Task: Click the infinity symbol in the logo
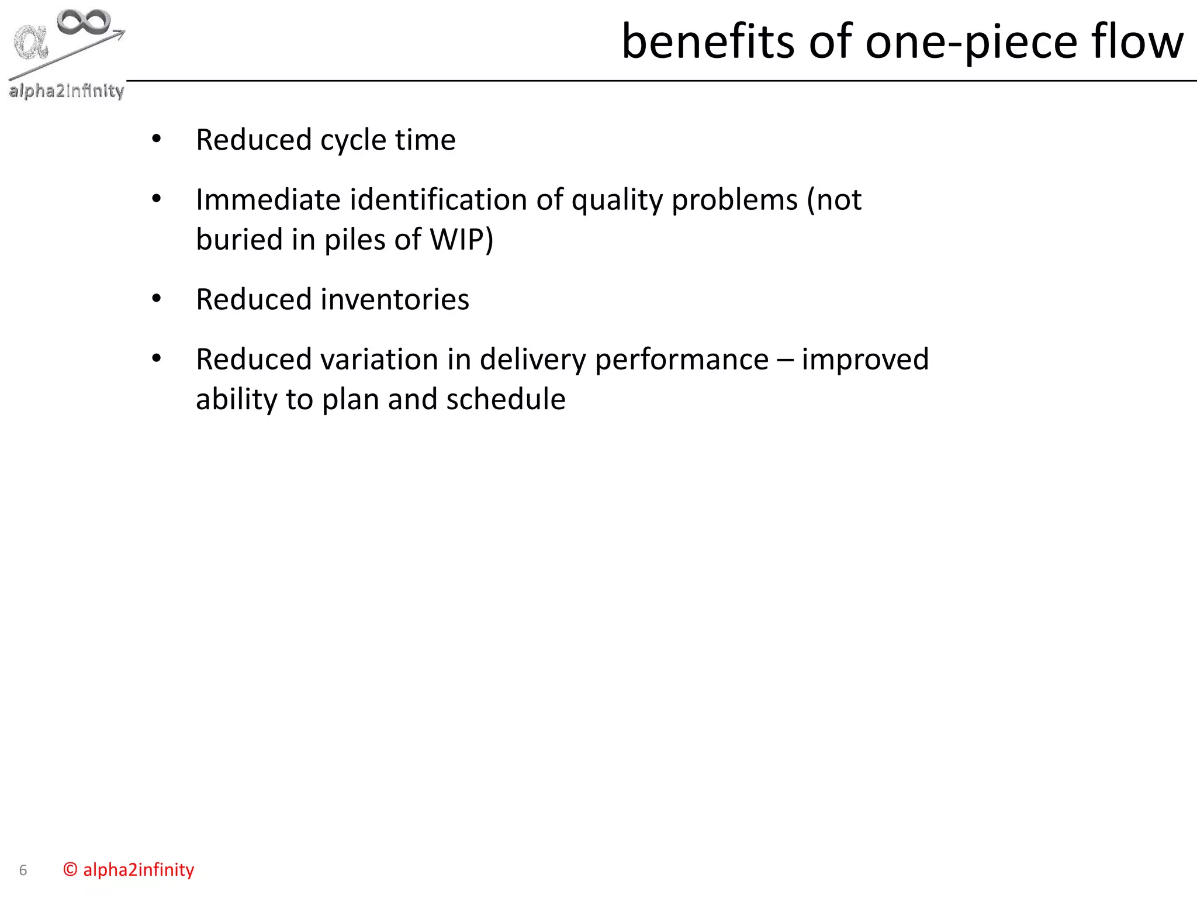pos(84,22)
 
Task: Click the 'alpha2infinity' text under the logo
pos(66,91)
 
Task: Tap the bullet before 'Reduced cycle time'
pos(156,139)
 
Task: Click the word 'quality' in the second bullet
pos(616,201)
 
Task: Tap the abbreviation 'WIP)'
pos(461,239)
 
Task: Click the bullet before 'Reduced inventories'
pos(156,299)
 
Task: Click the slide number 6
pos(23,870)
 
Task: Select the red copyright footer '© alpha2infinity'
pos(129,869)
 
